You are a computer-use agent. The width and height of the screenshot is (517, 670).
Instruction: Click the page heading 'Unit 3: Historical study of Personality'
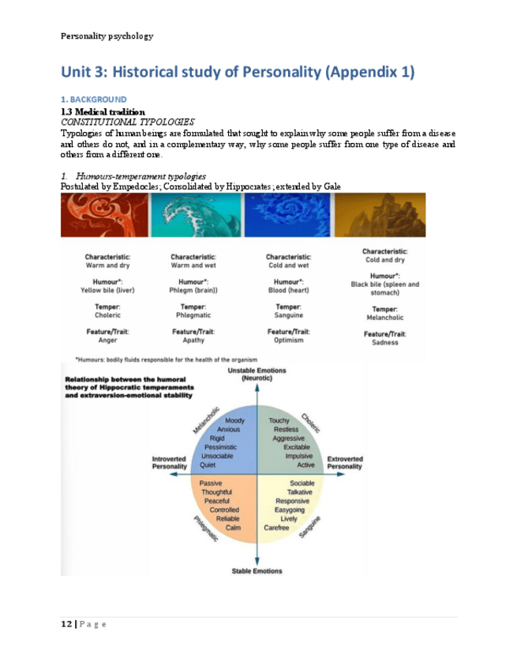click(237, 73)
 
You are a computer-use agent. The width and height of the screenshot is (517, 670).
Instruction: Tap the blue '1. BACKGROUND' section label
click(93, 100)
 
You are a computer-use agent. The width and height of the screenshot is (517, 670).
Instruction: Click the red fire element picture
click(100, 215)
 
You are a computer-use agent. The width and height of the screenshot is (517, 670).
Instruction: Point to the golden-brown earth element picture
click(380, 215)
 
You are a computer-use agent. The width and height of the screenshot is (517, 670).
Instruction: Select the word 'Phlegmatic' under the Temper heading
click(193, 314)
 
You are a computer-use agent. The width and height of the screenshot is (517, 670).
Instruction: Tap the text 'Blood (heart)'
click(291, 290)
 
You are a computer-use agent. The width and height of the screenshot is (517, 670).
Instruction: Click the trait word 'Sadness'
click(384, 342)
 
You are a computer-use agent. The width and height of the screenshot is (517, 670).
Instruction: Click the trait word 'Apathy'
click(193, 341)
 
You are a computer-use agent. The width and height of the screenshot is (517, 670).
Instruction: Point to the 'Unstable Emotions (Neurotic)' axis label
click(257, 375)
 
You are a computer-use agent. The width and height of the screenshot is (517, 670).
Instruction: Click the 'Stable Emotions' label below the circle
click(257, 570)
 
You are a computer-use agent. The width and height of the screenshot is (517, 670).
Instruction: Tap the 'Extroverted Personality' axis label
click(344, 462)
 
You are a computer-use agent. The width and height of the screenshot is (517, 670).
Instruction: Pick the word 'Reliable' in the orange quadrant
click(227, 518)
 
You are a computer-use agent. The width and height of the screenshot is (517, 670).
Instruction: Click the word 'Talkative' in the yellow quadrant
click(303, 492)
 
